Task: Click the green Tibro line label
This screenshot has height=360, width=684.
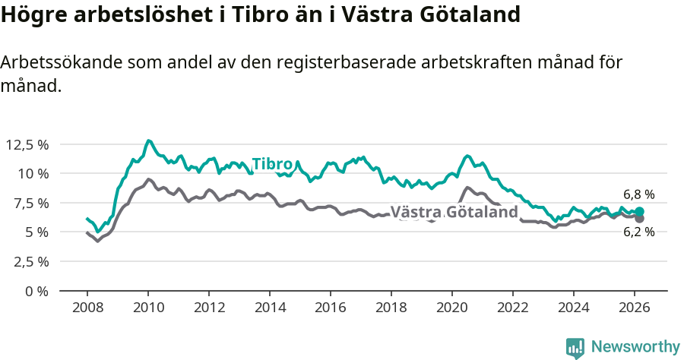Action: (x=272, y=164)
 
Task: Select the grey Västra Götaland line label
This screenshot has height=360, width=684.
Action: (x=454, y=212)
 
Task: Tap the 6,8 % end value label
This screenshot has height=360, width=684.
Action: (x=638, y=194)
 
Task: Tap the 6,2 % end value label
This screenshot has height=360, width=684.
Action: (x=638, y=232)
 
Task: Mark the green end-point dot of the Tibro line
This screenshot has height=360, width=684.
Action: (x=639, y=212)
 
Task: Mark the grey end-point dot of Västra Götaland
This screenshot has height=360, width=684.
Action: (x=639, y=219)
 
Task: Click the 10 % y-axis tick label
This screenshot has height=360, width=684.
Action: (x=33, y=173)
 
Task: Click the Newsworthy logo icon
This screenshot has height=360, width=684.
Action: (x=575, y=347)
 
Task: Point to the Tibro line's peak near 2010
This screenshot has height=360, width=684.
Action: (x=148, y=141)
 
